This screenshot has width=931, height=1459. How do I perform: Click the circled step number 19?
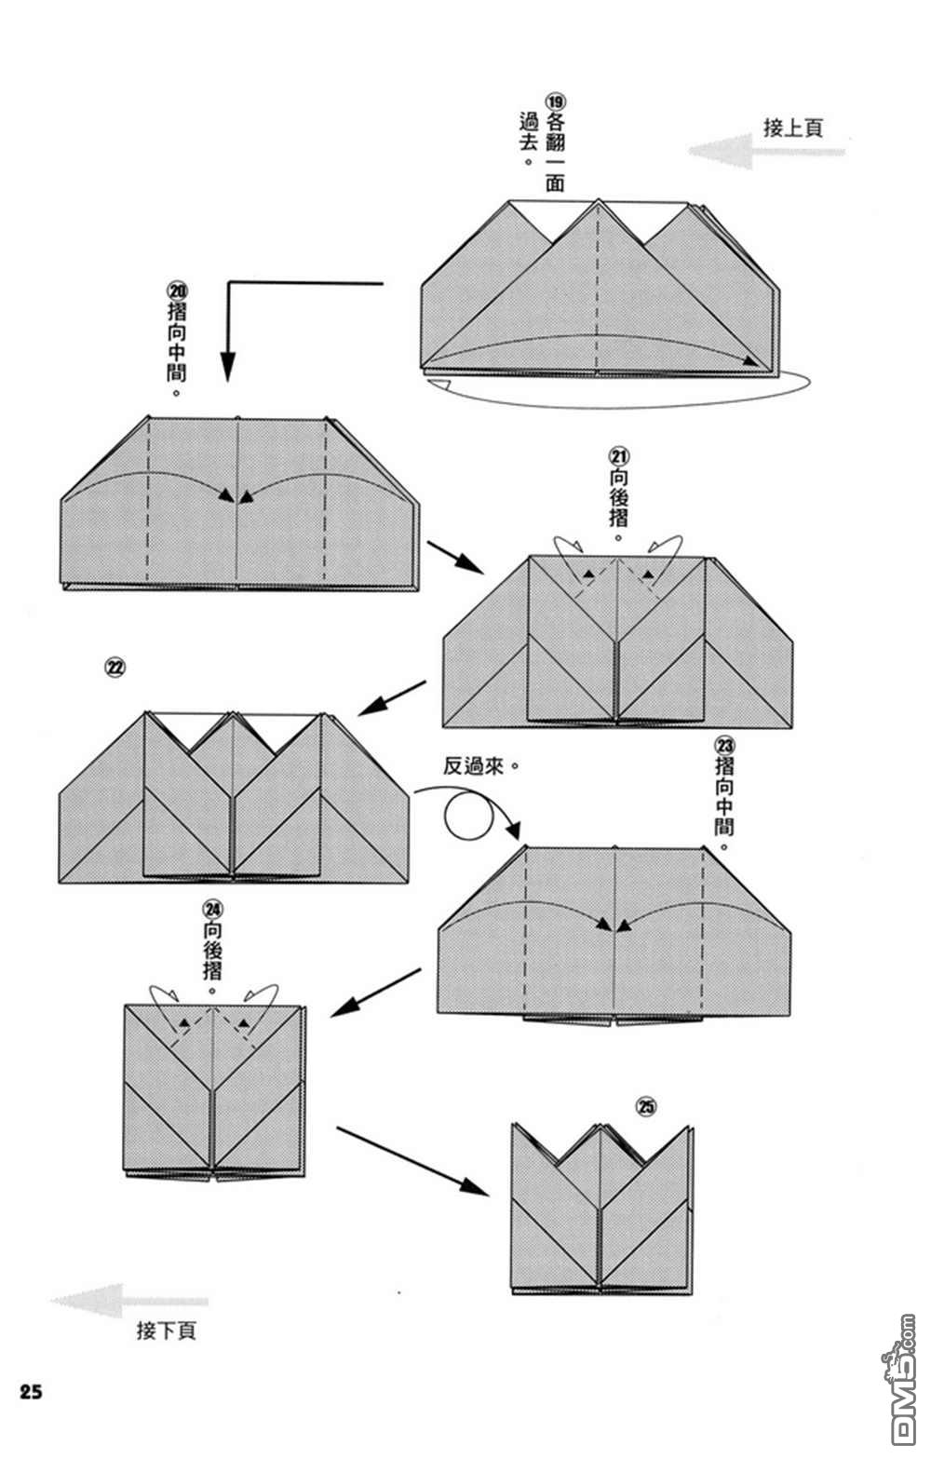click(x=555, y=101)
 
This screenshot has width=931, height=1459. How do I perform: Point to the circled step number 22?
click(x=115, y=667)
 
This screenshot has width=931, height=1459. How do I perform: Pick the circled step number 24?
click(x=212, y=908)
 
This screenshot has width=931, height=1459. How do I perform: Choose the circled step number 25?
click(x=646, y=1106)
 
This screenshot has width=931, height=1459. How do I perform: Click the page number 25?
click(x=29, y=1392)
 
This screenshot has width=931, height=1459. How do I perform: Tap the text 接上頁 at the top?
click(x=793, y=128)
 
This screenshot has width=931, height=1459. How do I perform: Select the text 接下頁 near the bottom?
click(x=166, y=1331)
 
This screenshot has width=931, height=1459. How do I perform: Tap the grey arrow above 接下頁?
click(x=129, y=1301)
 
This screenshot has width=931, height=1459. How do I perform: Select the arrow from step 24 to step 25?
click(x=413, y=1160)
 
